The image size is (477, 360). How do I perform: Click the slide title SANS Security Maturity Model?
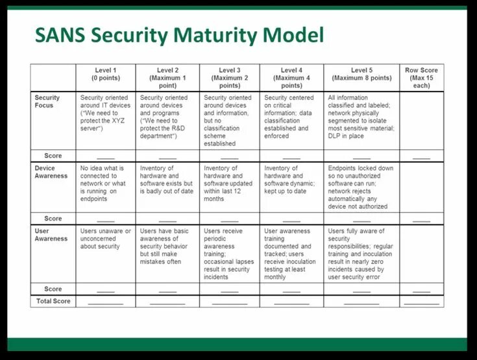click(179, 34)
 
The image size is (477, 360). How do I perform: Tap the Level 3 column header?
click(229, 77)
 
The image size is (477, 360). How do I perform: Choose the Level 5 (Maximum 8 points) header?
click(361, 74)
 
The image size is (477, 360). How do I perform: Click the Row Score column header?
click(421, 77)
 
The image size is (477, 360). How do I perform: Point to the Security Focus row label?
click(47, 101)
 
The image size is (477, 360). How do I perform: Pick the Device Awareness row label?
click(51, 172)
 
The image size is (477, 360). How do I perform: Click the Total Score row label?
click(53, 301)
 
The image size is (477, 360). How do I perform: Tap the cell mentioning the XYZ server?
click(106, 113)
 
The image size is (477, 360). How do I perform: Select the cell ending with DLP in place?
click(361, 117)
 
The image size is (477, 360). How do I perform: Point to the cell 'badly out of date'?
click(167, 180)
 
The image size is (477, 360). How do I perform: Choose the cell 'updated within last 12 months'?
click(229, 184)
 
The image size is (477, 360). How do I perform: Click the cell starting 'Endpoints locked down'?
click(361, 187)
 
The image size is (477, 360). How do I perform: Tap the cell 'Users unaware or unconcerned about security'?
click(106, 239)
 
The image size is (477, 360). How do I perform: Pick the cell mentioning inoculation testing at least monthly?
click(291, 254)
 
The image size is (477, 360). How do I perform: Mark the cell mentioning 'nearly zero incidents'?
click(361, 254)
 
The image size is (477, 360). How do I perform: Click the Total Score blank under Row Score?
click(421, 302)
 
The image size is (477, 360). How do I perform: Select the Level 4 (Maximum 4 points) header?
click(291, 77)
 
